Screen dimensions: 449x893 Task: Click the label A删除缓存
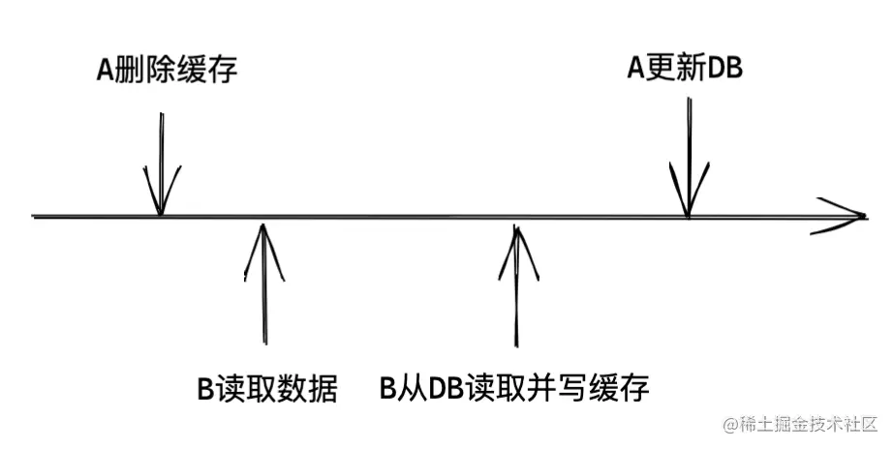pyautogui.click(x=167, y=71)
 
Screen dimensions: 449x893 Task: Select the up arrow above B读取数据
pyautogui.click(x=263, y=281)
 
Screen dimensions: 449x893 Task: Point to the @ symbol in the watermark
pyautogui.click(x=728, y=425)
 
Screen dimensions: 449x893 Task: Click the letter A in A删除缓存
pyautogui.click(x=105, y=72)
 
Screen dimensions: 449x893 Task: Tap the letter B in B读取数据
pyautogui.click(x=205, y=390)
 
